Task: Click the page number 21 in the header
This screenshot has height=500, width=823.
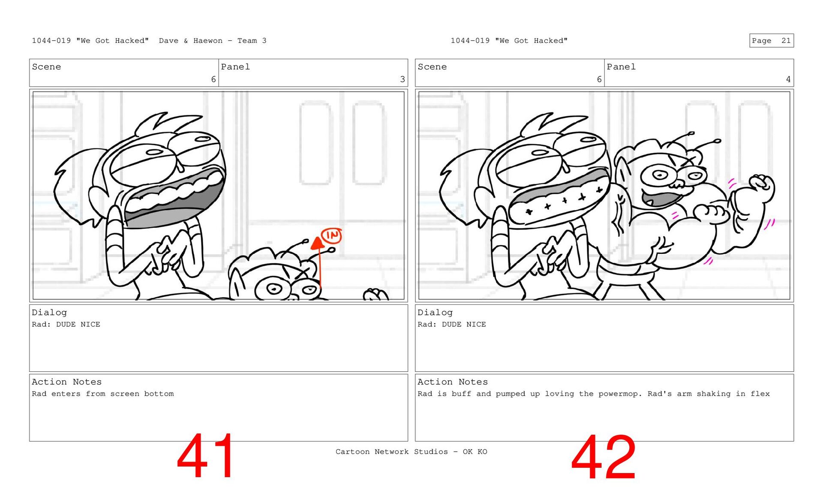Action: [x=786, y=41]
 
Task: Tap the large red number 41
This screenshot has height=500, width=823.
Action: [x=206, y=456]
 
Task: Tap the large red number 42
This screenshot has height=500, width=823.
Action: [x=603, y=457]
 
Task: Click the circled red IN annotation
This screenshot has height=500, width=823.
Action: [x=331, y=235]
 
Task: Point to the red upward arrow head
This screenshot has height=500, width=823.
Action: [x=317, y=243]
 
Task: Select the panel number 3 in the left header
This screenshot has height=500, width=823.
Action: [x=402, y=79]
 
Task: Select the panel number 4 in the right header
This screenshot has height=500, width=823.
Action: [x=788, y=79]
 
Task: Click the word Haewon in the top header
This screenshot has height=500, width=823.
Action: [x=208, y=41]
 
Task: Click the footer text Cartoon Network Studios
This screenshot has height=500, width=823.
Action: [x=391, y=452]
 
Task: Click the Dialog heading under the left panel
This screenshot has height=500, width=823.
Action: [x=49, y=313]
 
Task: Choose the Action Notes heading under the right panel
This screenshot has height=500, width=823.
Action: [x=453, y=382]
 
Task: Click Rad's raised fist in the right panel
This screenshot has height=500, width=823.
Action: [x=762, y=187]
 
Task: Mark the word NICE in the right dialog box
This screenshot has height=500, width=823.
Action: [x=476, y=325]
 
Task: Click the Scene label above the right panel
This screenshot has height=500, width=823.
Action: [x=432, y=67]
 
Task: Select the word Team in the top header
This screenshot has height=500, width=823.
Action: [x=247, y=41]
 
